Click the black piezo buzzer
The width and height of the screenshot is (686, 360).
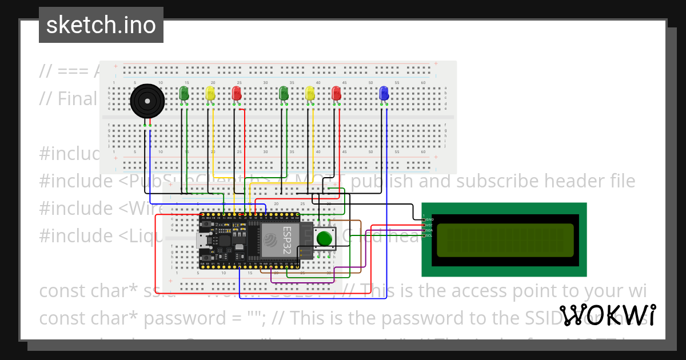pos(147,102)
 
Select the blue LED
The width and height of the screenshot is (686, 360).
pos(384,93)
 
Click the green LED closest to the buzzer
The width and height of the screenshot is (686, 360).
pos(184,93)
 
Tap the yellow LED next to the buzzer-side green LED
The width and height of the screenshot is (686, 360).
pos(210,93)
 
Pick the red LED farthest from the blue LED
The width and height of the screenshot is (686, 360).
pos(237,93)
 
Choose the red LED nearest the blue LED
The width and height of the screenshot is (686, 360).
pos(337,93)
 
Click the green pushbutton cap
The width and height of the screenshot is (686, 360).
pos(325,238)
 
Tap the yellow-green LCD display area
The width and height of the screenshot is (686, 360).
pos(505,240)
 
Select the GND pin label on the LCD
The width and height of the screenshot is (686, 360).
pos(430,219)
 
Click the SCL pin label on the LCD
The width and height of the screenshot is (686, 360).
pos(429,235)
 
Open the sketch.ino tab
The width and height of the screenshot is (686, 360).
pos(101,25)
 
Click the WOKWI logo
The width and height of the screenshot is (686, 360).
pos(608,315)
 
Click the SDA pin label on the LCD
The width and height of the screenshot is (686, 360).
pos(429,230)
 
